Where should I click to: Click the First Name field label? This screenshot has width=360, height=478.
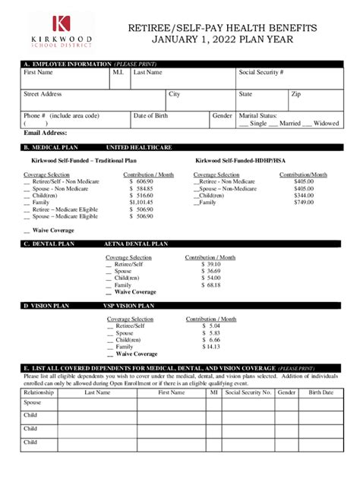(38, 72)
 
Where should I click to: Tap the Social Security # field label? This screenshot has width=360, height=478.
(261, 72)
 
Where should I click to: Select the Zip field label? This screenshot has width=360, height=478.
(296, 94)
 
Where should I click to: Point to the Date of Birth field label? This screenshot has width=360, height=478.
(152, 115)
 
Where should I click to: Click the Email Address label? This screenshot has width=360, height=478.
(46, 134)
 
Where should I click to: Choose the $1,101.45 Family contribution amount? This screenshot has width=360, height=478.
(141, 203)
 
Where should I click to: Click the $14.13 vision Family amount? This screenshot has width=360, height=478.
(211, 347)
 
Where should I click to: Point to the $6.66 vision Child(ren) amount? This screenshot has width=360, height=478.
(211, 340)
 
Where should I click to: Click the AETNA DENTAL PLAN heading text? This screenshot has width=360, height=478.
(136, 244)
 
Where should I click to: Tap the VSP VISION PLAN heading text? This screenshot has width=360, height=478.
(128, 306)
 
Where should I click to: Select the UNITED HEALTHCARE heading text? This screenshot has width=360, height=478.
(136, 148)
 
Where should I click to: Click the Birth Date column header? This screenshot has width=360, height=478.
(321, 393)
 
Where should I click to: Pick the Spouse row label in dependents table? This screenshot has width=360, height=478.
(33, 403)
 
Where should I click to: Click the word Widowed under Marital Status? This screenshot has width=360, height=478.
(326, 123)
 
